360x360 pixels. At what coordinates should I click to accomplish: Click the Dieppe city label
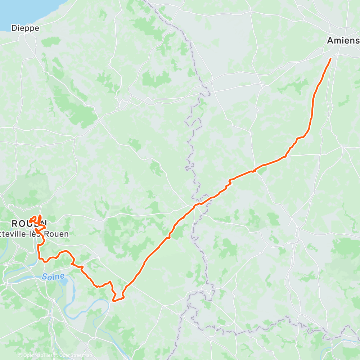pos(25,28)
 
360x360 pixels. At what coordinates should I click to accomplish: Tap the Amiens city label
pos(343,41)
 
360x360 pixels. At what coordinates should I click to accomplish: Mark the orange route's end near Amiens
pos(330,58)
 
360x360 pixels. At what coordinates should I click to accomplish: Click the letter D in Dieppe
pos(14,28)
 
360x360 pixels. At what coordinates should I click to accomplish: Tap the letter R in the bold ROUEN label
pos(15,223)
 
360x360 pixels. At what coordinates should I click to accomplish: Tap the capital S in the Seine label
pos(44,276)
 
